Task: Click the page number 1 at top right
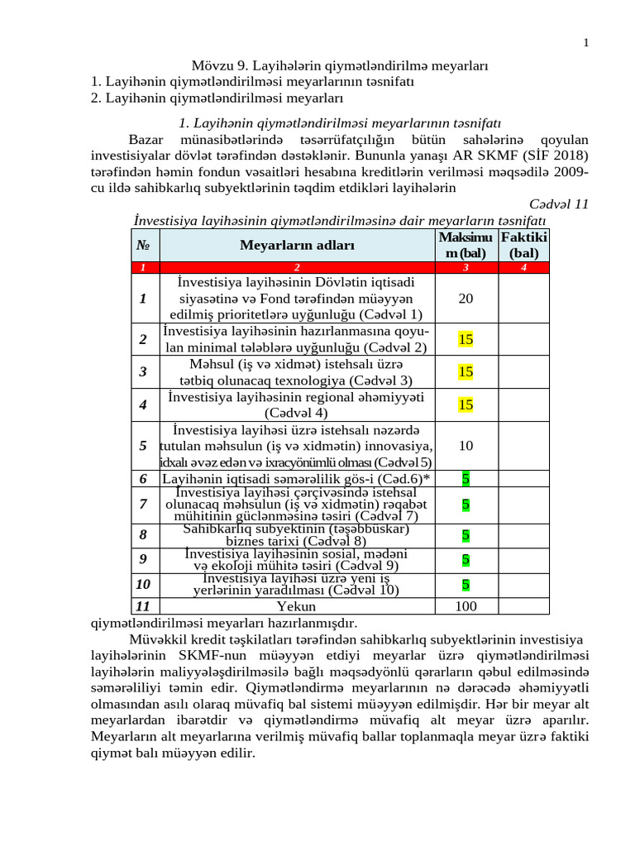(586, 44)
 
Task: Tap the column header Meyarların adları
(297, 246)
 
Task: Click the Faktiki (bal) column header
(523, 246)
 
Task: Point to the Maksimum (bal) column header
(466, 246)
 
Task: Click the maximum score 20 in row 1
(466, 298)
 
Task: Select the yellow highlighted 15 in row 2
(466, 339)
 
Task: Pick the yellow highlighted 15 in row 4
(466, 404)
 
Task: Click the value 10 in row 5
(466, 446)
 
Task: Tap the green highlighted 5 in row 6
(466, 478)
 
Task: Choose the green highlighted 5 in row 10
(466, 584)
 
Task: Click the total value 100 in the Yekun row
(466, 606)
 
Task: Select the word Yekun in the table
(297, 606)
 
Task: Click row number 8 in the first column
(143, 535)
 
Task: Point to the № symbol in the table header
(143, 246)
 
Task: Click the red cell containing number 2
(297, 267)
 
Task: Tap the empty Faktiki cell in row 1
(523, 298)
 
